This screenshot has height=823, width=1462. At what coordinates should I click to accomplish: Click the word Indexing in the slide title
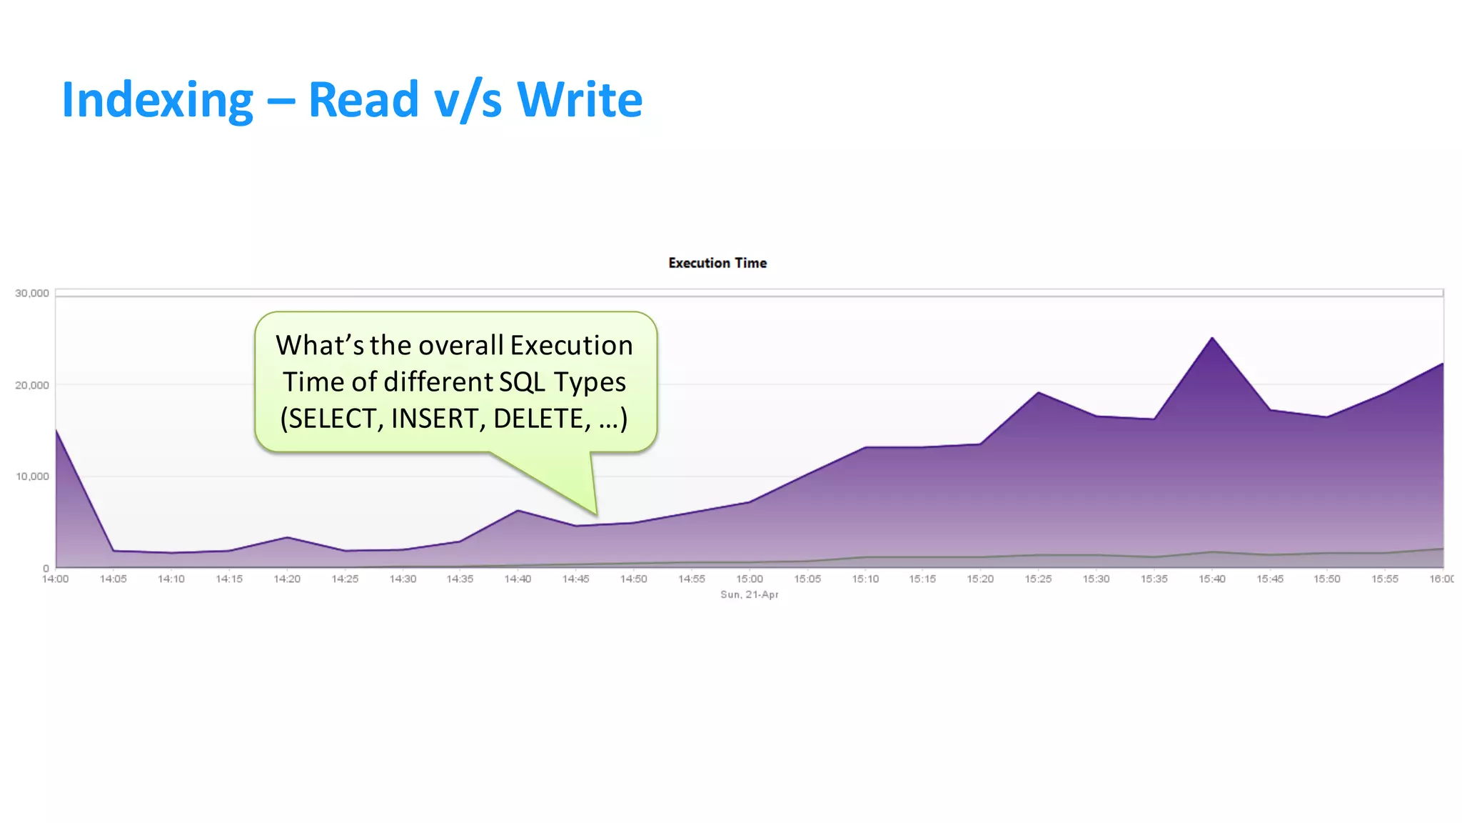coord(157,100)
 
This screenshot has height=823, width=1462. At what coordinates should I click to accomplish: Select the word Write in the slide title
coord(579,99)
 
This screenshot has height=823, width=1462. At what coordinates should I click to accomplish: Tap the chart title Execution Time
coord(717,263)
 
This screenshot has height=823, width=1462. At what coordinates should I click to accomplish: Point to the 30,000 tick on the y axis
coord(32,293)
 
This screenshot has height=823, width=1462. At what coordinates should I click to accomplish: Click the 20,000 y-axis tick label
coord(32,385)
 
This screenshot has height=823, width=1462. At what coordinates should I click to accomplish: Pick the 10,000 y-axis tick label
coord(32,477)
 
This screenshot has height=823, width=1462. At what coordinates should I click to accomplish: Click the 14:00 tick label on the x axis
coord(56,579)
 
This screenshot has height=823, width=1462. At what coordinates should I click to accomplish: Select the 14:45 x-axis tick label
coord(575,579)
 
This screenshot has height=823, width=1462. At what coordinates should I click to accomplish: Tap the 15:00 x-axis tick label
coord(750,579)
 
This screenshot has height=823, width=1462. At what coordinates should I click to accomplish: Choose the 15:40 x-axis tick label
coord(1212,579)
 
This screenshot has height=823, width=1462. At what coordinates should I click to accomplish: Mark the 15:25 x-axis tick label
coord(1039,579)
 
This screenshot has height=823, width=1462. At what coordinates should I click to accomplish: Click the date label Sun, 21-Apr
coord(750,594)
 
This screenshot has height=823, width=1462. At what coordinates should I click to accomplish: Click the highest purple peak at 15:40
coord(1212,338)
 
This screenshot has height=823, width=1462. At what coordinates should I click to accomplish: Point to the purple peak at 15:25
coord(1039,392)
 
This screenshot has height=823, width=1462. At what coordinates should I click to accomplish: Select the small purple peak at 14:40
coord(518,510)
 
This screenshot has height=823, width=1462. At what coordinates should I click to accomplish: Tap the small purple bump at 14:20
coord(287,537)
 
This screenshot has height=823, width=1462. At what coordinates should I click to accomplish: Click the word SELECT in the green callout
coord(331,419)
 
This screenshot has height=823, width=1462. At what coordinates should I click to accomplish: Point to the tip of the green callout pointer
coord(595,514)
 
